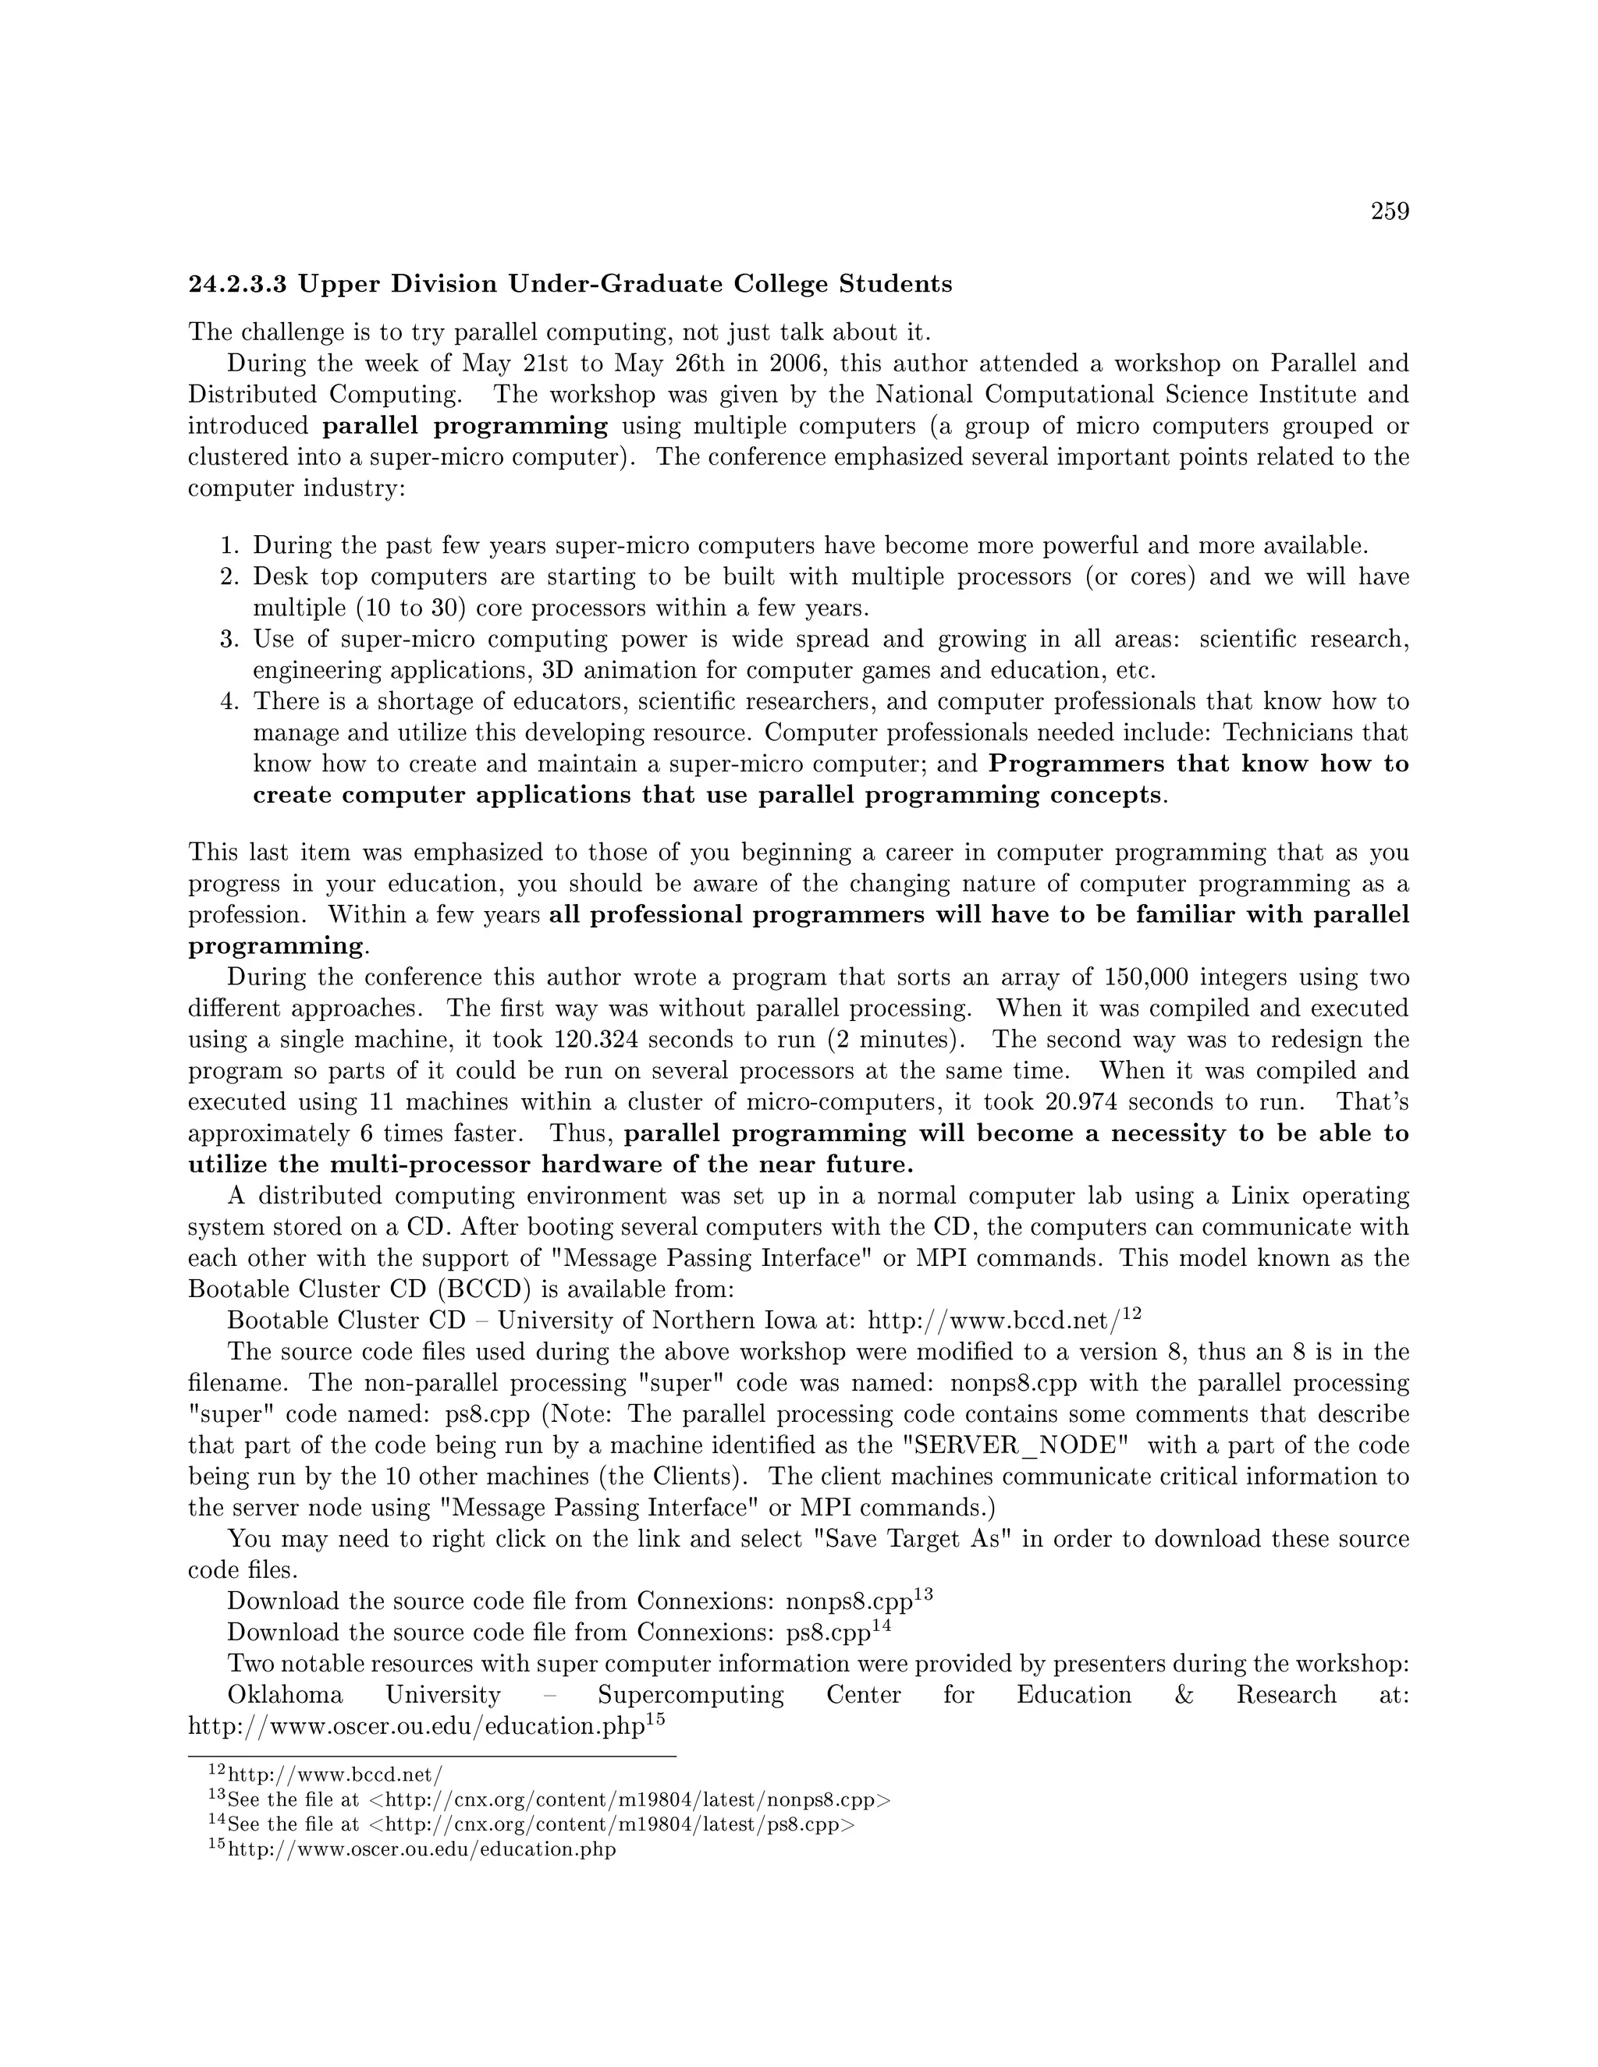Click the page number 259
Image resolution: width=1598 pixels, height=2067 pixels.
[1390, 212]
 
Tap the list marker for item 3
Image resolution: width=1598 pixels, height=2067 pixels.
[228, 640]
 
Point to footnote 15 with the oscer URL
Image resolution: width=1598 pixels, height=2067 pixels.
[422, 1849]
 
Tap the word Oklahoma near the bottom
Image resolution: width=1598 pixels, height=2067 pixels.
[285, 1695]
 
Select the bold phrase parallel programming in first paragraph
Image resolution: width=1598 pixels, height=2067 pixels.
[465, 426]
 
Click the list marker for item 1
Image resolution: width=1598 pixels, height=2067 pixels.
[228, 546]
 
